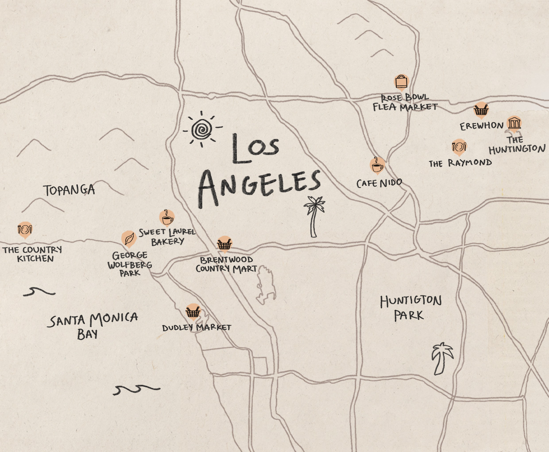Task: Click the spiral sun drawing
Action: (201, 129)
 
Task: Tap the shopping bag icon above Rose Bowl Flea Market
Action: (401, 82)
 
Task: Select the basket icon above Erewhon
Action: (481, 110)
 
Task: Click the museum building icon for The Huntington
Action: (514, 123)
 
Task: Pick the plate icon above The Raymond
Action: (459, 146)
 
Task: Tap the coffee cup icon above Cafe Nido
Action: (377, 165)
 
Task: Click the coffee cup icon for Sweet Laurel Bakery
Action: (167, 218)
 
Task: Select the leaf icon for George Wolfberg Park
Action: (128, 239)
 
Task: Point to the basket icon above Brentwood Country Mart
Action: (224, 244)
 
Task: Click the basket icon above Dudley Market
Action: (193, 312)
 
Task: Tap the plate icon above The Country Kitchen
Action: (25, 229)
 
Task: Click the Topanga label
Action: (69, 190)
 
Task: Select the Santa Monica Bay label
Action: (93, 325)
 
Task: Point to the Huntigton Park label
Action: (410, 308)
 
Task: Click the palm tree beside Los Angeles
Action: (314, 216)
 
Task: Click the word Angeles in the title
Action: (259, 186)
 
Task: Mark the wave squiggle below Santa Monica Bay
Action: (136, 389)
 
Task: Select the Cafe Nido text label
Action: (379, 183)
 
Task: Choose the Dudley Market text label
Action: (196, 328)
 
